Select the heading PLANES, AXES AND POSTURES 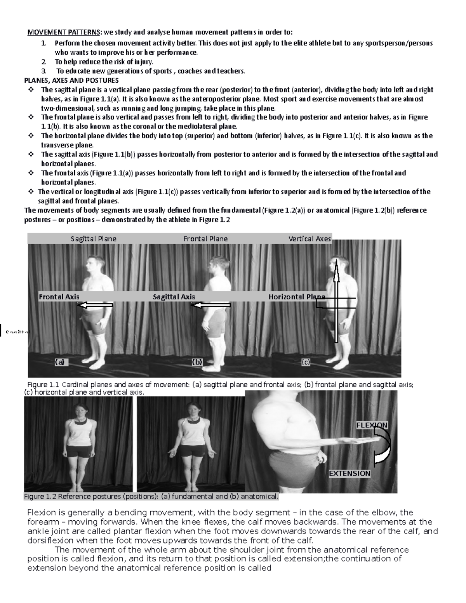71,80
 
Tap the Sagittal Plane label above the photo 93,239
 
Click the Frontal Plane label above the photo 205,239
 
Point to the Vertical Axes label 310,239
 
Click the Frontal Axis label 59,297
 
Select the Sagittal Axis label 174,297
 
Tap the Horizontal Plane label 297,297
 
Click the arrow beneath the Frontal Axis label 95,306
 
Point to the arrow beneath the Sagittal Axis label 210,306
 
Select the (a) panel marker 60,362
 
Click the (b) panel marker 197,362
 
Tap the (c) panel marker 306,362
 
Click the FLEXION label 372,425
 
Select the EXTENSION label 349,473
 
